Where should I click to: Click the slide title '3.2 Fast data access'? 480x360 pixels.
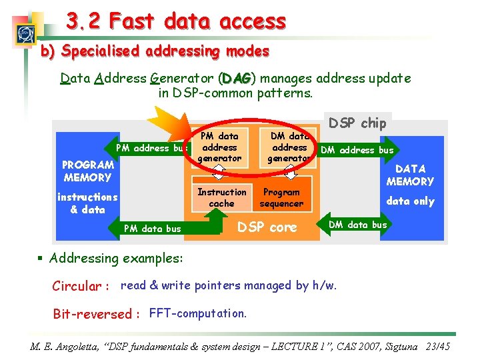pos(176,21)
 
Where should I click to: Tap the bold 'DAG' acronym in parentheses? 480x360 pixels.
pos(237,79)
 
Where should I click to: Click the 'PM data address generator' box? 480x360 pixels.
pos(219,147)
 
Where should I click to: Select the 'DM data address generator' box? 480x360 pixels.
pos(289,147)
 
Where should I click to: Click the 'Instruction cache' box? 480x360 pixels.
pos(221,197)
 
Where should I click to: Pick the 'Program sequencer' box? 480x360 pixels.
pos(281,197)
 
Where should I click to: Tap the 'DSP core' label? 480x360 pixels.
pos(267,227)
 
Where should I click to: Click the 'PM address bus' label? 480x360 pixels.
pos(151,148)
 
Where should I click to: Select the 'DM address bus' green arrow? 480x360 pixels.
pos(358,150)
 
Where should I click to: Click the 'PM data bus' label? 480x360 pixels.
pos(153,229)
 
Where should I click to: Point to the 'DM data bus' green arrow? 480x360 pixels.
pos(358,225)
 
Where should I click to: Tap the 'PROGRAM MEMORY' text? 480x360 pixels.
pos(87,171)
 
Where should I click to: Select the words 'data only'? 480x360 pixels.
pos(410,201)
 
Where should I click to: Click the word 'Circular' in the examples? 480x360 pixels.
pos(77,286)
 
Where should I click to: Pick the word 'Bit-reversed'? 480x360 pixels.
pos(93,314)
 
